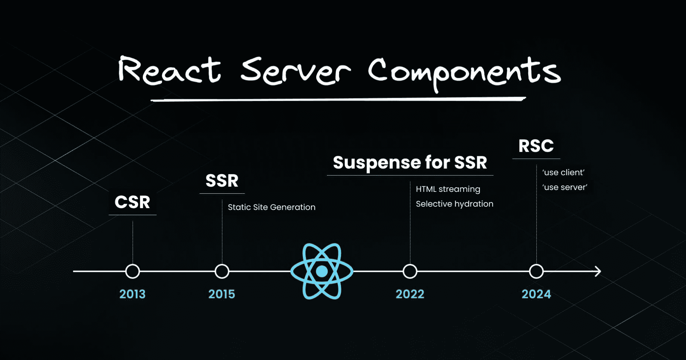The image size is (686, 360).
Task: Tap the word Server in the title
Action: pos(295,71)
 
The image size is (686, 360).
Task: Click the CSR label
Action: pos(132,202)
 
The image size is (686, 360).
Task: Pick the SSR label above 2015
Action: pos(222,181)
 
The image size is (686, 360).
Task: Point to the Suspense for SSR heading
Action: pos(410,163)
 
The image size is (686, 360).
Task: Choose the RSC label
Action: pos(536,146)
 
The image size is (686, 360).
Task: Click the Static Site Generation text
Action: pos(271,207)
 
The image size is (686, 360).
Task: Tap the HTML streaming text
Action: pos(448,189)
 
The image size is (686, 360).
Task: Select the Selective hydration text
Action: pos(454,204)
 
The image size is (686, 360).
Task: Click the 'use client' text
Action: pos(563,172)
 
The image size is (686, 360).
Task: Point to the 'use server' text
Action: pos(565,187)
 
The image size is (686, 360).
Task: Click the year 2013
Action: pos(132,294)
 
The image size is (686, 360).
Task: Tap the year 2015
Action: pos(221,294)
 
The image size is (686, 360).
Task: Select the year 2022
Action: pos(410,294)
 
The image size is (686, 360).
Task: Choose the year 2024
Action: pos(536,294)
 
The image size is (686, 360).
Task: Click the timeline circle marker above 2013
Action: pos(133,271)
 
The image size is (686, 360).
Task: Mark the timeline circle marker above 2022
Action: pos(410,271)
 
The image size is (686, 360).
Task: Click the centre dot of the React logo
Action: pos(322,271)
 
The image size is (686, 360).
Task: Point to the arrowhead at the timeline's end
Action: pos(598,271)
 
